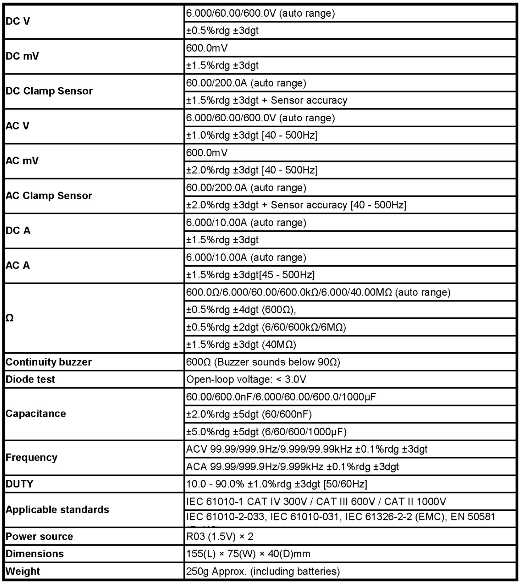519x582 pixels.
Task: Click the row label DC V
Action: point(18,21)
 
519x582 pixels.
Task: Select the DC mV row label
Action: point(22,56)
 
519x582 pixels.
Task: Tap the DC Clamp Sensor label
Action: point(49,91)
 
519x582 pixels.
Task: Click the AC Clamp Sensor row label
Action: point(49,196)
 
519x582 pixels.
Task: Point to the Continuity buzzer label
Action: point(48,362)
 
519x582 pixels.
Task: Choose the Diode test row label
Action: point(30,379)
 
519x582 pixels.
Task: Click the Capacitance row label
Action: point(36,414)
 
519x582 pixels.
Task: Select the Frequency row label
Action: point(31,457)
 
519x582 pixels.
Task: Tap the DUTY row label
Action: point(19,484)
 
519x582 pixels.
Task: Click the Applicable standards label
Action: point(57,509)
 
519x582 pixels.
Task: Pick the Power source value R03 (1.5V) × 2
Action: point(220,536)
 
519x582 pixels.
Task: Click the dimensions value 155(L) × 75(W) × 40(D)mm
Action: point(248,554)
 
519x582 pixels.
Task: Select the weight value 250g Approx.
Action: point(263,571)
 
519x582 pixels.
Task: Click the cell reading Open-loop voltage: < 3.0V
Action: point(246,379)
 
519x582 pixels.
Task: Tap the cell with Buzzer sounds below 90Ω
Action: point(263,362)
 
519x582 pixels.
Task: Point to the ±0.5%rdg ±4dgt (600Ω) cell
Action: point(241,309)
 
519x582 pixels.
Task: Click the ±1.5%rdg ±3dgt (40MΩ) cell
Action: point(241,344)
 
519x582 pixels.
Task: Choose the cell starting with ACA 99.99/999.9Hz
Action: point(292,467)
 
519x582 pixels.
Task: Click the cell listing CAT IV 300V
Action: point(316,501)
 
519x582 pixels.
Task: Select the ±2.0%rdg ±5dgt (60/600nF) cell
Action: point(249,414)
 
